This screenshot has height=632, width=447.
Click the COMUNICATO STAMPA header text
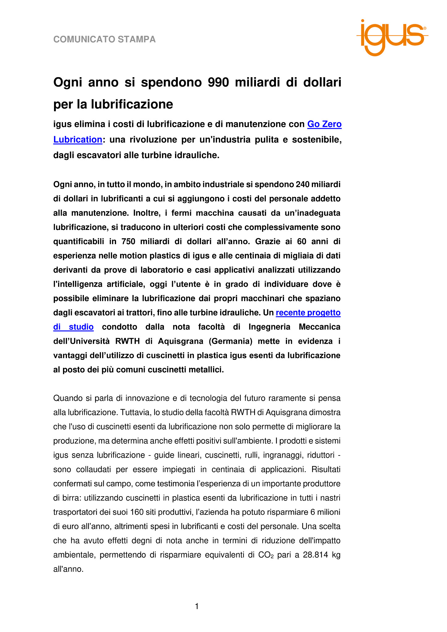pos(104,39)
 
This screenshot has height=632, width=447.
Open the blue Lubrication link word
pos(78,139)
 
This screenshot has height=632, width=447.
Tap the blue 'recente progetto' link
pos(308,313)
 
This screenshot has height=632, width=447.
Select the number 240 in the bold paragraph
pos(302,184)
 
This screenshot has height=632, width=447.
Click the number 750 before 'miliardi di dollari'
pos(128,241)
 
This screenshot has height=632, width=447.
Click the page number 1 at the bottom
pos(197,607)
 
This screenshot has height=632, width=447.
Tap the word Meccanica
pos(320,327)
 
